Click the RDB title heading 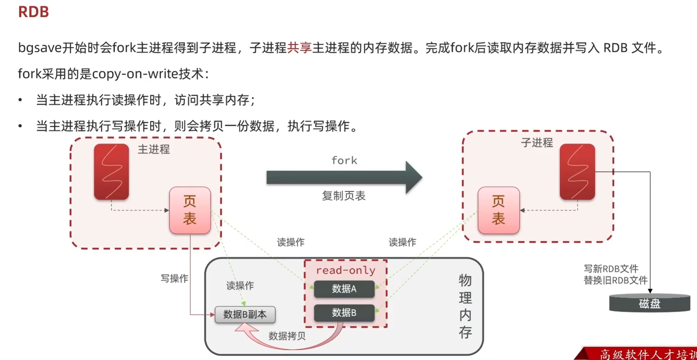coord(33,12)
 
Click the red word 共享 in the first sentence coord(299,48)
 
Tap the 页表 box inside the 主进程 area coord(190,210)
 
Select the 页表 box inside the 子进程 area coord(498,210)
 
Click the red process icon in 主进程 coord(111,172)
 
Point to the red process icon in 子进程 coord(577,172)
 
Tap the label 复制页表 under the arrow coord(344,195)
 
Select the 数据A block coord(344,289)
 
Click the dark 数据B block coord(344,313)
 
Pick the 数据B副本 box coord(245,314)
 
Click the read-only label coord(345,270)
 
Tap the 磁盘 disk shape coord(649,303)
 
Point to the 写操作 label coord(174,278)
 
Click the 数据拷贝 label coord(287,336)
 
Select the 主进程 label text coord(153,150)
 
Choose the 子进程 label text coord(537,143)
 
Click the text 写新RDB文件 coord(611,269)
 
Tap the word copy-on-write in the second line coord(135,74)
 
